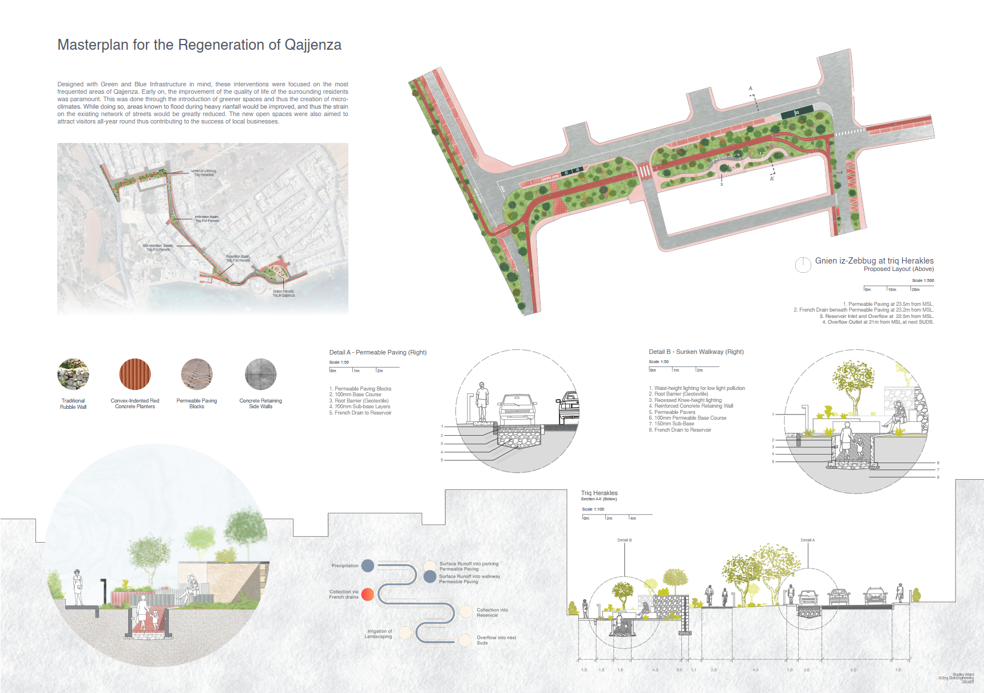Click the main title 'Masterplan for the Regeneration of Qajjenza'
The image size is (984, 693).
199,45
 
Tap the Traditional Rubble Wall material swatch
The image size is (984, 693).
73,374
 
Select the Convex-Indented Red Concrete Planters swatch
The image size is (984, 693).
135,374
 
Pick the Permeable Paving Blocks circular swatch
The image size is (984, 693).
197,374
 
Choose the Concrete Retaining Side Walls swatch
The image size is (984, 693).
261,374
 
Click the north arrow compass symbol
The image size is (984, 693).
803,264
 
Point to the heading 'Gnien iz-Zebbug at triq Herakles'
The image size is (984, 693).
874,261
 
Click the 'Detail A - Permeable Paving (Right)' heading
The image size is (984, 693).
378,352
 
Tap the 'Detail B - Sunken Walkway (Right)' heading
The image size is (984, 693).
696,352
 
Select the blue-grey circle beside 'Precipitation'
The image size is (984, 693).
368,565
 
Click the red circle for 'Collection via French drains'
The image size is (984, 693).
368,594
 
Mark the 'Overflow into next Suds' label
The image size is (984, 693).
496,640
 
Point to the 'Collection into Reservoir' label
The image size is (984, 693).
492,612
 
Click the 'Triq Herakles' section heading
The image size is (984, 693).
599,493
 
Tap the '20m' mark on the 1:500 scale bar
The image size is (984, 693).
915,289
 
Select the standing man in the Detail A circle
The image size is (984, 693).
482,402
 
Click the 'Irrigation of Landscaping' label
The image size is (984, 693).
378,634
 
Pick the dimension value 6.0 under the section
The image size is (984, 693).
853,670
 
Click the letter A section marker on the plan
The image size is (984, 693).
751,89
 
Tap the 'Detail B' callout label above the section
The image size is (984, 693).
624,540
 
